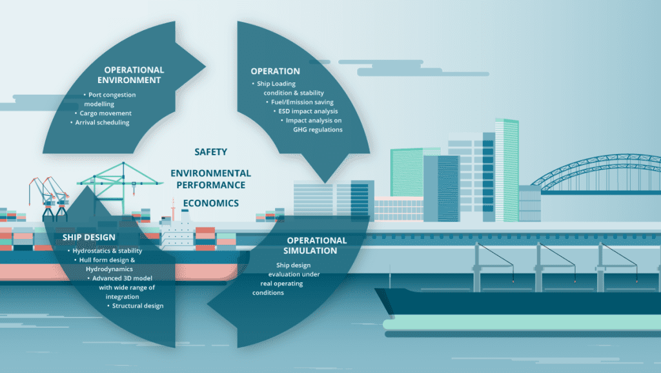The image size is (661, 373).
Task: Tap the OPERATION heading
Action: (275, 71)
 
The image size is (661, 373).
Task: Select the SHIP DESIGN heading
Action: (88, 237)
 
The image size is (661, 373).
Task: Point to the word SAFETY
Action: (211, 152)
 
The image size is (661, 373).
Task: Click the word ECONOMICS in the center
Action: (211, 203)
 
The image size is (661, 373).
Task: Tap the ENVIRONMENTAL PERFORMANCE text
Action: (211, 178)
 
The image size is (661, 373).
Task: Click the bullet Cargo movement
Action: (103, 113)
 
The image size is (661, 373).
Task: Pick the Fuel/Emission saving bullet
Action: (300, 102)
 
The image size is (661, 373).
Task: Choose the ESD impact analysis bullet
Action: (305, 111)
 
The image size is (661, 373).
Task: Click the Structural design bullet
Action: (136, 306)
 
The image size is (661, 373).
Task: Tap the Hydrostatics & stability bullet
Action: (105, 251)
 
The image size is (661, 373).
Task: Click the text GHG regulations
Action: (318, 129)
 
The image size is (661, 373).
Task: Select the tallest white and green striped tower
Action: (507, 170)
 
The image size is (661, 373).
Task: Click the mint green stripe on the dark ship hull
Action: (522, 324)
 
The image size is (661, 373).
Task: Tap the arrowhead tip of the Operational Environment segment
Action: (205, 66)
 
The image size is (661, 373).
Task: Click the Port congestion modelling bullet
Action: (110, 99)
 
